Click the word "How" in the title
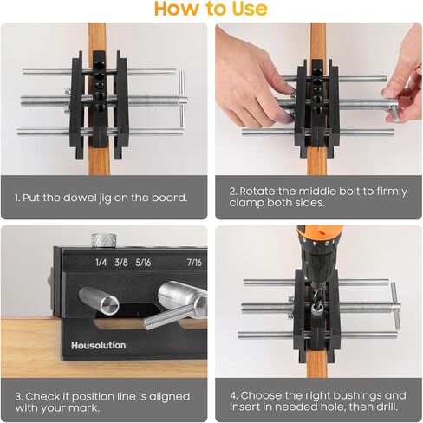click(176, 9)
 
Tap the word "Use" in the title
click(250, 9)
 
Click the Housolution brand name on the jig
click(98, 345)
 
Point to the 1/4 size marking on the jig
click(101, 261)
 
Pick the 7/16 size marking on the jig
click(192, 261)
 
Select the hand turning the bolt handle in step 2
click(400, 78)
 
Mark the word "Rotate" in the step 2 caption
click(264, 191)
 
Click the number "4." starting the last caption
click(234, 395)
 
